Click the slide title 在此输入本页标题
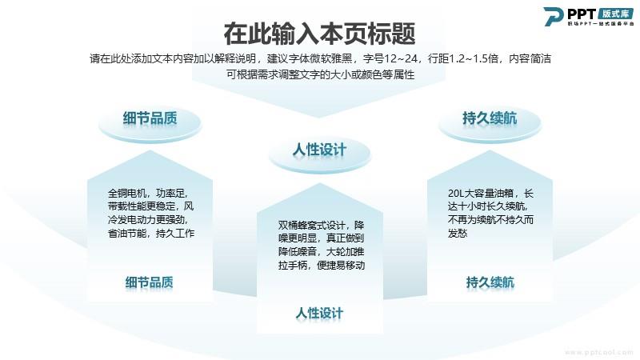click(x=319, y=34)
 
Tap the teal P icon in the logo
click(x=553, y=16)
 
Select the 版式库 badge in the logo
click(x=615, y=14)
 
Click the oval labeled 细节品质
click(x=150, y=122)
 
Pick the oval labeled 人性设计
click(x=319, y=154)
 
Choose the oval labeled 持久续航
click(x=490, y=122)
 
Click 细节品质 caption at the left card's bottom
click(x=150, y=282)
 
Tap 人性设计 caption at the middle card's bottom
click(x=319, y=314)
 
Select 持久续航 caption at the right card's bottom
click(x=490, y=282)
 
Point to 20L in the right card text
click(x=455, y=194)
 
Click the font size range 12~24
click(x=401, y=58)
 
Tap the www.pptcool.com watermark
click(x=598, y=352)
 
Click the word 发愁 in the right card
click(x=457, y=234)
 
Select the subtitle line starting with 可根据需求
click(x=321, y=74)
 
